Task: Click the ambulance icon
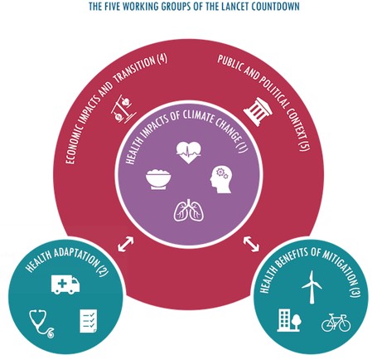(x=65, y=284)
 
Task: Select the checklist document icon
(x=89, y=321)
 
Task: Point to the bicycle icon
(x=336, y=323)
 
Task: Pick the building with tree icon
(x=288, y=320)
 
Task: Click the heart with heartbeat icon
(x=189, y=153)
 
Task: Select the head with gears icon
(x=221, y=180)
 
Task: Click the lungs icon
(x=189, y=210)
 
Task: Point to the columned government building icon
(x=258, y=112)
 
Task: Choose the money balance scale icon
(x=124, y=109)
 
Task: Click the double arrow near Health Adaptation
(x=126, y=244)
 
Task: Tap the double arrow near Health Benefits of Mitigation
(x=251, y=244)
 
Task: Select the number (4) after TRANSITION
(x=162, y=60)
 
